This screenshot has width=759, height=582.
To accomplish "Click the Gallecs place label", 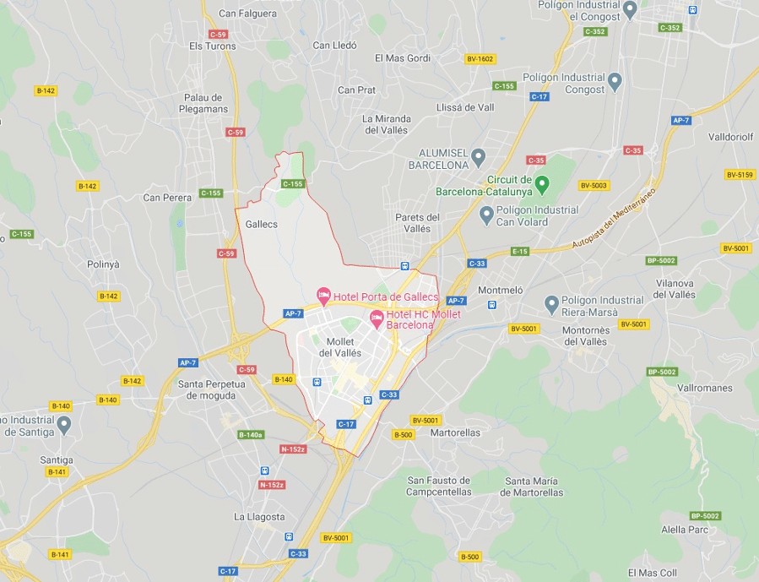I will pos(261,224).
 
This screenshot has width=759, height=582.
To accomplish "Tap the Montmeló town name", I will pos(501,290).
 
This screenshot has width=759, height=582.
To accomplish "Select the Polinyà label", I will pos(103,264).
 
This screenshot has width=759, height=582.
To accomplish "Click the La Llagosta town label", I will pos(259,516).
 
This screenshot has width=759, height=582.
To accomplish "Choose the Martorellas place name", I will pos(455,432).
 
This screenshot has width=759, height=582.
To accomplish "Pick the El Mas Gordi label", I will pos(403,58).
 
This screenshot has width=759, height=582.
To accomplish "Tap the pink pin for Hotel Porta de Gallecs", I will pos(323,295).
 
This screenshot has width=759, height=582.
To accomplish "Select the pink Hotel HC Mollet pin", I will pos(377,318).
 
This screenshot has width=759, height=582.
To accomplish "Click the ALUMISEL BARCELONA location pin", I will pos(478,156).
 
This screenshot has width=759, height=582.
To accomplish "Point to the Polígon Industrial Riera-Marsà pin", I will pos(551,302).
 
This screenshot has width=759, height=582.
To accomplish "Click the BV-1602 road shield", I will pos(480,59).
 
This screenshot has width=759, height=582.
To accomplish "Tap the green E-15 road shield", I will pos(519,251).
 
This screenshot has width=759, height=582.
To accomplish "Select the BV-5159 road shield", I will pos(739,175).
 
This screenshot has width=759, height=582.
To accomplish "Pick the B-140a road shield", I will pos(251,435).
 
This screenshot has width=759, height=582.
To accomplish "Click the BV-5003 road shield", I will pos(594,185).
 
